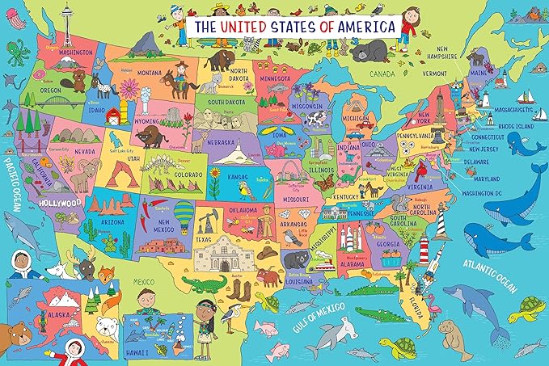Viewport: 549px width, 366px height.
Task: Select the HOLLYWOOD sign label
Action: coord(60,204)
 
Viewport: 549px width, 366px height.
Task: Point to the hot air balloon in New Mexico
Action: coord(185,212)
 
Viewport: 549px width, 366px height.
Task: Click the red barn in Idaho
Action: coord(114,111)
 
